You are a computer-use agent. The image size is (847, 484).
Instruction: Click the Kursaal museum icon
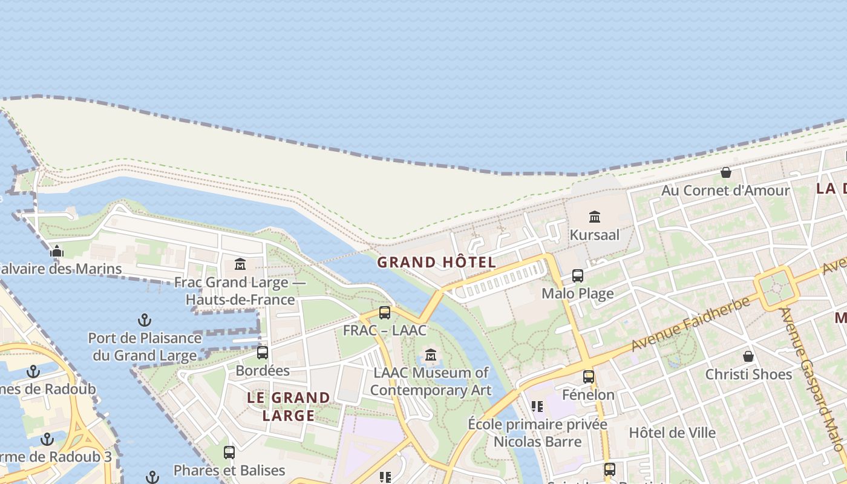(594, 217)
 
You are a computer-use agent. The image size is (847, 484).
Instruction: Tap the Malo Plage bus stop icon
(578, 276)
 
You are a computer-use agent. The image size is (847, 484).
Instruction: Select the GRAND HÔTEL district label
(436, 262)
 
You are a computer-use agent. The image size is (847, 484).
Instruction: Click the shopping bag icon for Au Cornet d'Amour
(726, 172)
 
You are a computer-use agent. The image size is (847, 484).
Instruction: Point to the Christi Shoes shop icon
(748, 356)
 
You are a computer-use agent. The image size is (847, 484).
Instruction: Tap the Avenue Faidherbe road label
(690, 324)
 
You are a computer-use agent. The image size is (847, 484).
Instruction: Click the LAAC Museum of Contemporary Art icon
(431, 355)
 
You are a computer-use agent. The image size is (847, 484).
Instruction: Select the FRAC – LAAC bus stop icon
(385, 313)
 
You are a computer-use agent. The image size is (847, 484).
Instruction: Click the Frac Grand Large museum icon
(240, 264)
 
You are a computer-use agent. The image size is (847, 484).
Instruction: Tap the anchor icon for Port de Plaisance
(145, 319)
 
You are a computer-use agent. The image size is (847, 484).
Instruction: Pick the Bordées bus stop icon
(263, 352)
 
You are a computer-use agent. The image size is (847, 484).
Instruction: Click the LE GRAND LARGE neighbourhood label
(289, 407)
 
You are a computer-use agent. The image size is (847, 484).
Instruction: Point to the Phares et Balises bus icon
(229, 452)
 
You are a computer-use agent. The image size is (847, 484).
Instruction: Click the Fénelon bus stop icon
(588, 377)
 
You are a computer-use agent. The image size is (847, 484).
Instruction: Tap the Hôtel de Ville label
(672, 433)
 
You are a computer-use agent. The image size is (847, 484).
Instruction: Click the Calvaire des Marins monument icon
(57, 251)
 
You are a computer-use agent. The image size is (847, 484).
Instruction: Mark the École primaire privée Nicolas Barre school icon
(537, 406)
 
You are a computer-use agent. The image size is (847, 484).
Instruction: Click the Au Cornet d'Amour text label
(725, 191)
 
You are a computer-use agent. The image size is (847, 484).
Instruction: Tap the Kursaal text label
(595, 235)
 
